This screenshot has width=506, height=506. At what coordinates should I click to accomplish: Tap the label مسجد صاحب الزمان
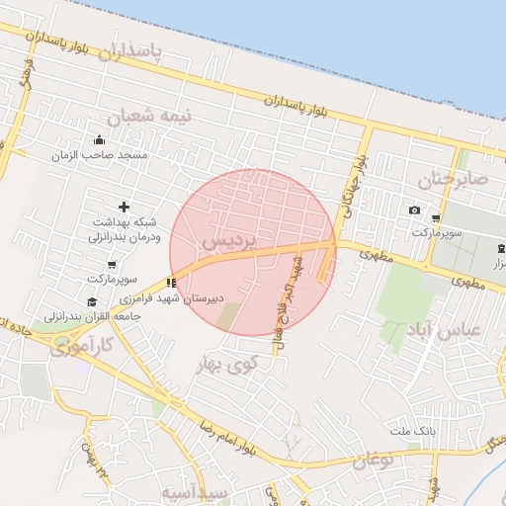101,155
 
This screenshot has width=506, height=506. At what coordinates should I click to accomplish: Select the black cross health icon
124,207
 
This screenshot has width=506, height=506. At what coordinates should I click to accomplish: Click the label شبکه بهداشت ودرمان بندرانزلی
124,230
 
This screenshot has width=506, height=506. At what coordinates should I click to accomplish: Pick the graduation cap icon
92,302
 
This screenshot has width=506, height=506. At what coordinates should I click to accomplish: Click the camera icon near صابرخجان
414,211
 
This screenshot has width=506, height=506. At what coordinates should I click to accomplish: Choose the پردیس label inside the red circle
228,240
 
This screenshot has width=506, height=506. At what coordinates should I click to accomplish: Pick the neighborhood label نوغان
374,459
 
